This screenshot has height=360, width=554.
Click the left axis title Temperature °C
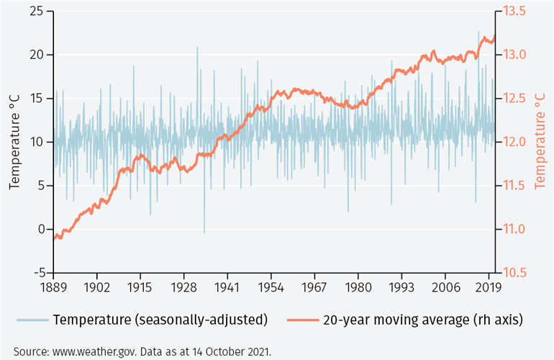15,142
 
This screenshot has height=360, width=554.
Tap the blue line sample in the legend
30,319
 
